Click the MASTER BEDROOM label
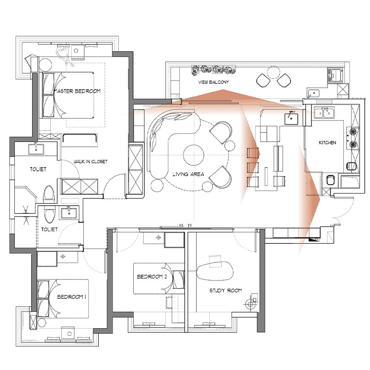[77, 91]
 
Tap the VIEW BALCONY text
[213, 82]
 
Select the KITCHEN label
[327, 142]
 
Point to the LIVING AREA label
[188, 174]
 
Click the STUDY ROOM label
[226, 290]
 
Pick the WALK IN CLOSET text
[90, 162]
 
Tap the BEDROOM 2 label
[152, 276]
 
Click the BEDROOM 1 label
[71, 297]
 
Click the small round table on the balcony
[273, 72]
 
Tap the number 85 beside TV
[181, 226]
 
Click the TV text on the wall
[190, 226]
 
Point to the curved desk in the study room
[215, 271]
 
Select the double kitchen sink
[324, 113]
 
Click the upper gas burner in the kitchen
[353, 131]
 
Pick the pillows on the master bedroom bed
[48, 95]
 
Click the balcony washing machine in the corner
[335, 75]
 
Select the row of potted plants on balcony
[213, 70]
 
